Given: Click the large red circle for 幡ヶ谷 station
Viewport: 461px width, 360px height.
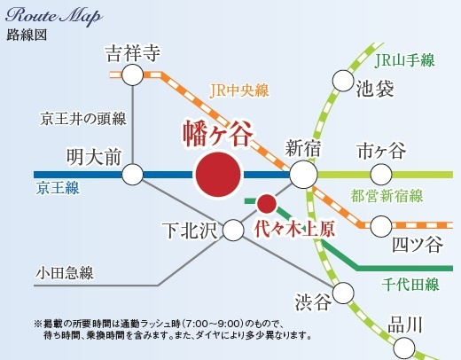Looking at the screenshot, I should point(218,174).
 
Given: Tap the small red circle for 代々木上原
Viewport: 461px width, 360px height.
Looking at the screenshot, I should point(264,200).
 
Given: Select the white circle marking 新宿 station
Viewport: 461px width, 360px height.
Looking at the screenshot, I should point(303,174).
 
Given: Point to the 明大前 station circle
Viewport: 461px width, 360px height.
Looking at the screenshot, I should point(132,174).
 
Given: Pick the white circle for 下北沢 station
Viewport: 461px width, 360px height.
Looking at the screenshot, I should point(233,231).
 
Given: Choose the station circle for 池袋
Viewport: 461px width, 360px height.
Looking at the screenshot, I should point(343,81).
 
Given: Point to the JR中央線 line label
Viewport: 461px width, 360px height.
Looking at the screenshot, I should point(239,90).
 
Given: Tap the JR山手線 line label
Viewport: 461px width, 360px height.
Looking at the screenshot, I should point(404,61).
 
